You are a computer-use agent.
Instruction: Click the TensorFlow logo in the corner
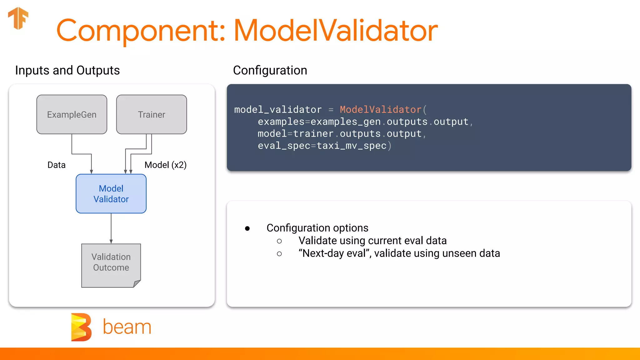click(18, 18)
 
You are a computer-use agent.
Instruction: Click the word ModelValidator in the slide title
click(336, 31)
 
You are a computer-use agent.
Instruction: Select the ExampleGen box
click(72, 114)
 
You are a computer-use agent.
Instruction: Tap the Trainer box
click(152, 114)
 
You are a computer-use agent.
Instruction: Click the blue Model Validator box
click(111, 194)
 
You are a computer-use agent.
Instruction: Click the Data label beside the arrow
click(57, 165)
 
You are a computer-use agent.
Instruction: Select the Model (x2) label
click(165, 165)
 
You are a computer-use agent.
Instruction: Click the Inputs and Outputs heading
click(67, 71)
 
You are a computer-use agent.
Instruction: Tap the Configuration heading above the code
click(270, 71)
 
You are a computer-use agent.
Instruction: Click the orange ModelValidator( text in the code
click(383, 110)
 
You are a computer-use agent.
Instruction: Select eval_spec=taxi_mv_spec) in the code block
click(324, 146)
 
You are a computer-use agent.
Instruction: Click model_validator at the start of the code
click(278, 110)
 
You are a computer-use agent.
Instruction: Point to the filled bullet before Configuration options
click(247, 228)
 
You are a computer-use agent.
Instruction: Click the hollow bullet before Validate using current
click(279, 241)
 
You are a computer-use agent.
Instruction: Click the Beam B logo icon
click(81, 327)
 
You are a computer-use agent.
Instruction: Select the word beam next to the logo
click(127, 327)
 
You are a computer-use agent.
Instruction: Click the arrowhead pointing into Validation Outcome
click(111, 242)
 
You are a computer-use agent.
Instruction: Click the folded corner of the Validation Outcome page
click(137, 283)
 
